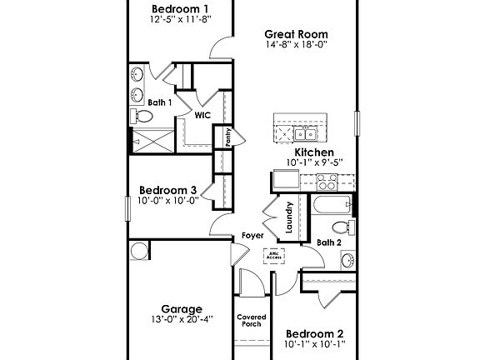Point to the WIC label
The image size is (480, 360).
[x=202, y=116]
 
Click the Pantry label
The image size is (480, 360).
[x=227, y=136]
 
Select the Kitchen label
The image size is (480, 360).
[x=314, y=152]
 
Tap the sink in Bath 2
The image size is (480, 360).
[x=347, y=260]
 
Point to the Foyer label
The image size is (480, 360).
[x=253, y=236]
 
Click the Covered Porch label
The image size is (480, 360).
[x=251, y=320]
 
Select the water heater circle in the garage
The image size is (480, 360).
[x=138, y=250]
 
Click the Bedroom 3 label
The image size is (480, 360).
[x=167, y=189]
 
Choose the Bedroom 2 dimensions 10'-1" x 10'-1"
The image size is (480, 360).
[x=314, y=343]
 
